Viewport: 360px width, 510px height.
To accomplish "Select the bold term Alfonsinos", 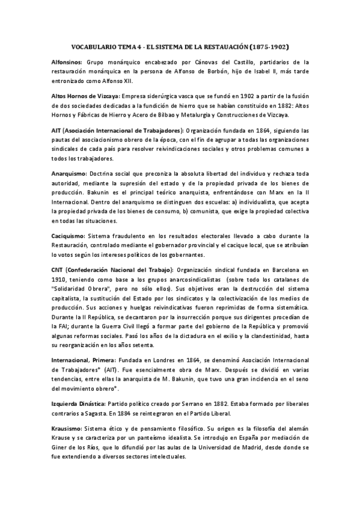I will pos(67,61).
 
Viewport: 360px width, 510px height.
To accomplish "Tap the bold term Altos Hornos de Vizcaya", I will pos(85,96).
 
